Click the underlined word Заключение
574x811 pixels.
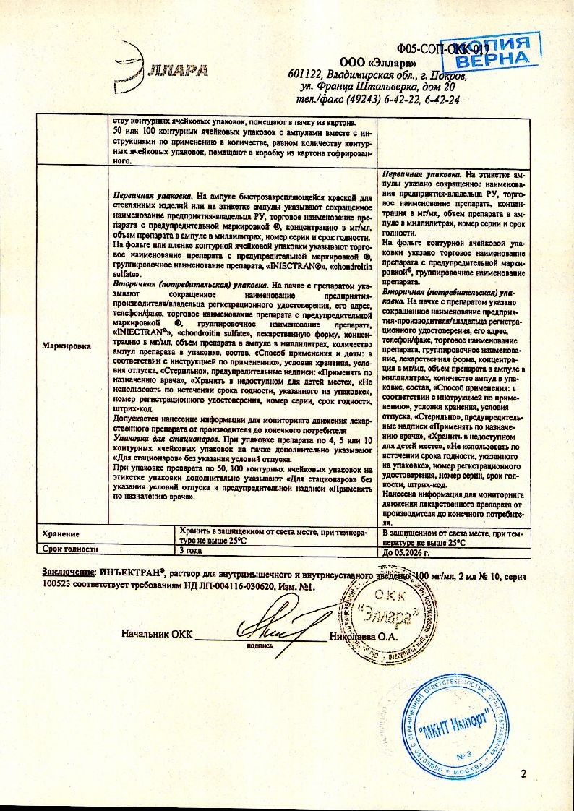pos(68,572)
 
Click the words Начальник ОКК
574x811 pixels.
pos(157,636)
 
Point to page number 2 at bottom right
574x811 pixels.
pos(523,774)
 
